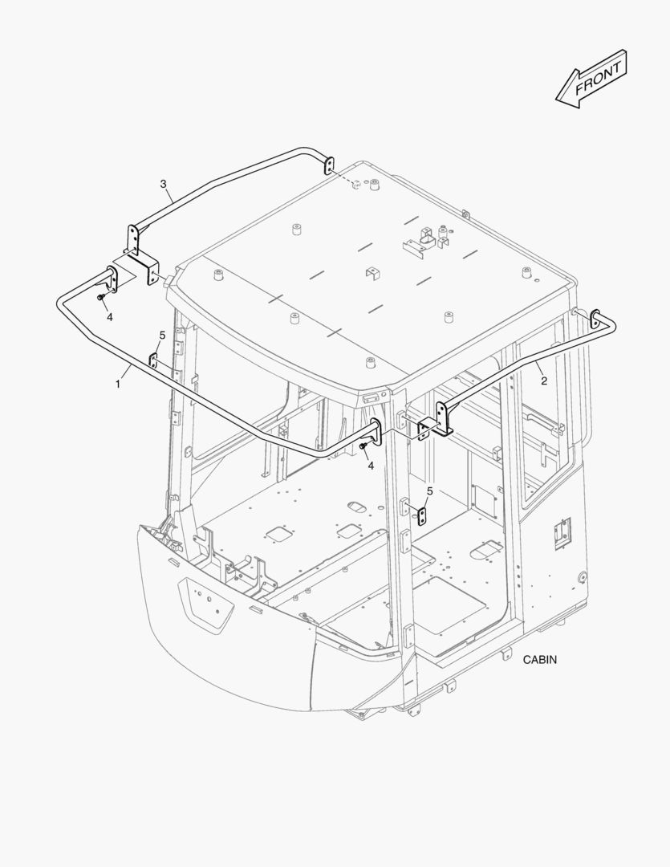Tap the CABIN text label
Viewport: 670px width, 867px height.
click(x=540, y=660)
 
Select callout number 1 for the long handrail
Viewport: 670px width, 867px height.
click(x=117, y=384)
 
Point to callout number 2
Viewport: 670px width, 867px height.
click(x=544, y=381)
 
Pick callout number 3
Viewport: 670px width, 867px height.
click(x=163, y=184)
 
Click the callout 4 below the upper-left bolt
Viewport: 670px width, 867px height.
click(x=109, y=317)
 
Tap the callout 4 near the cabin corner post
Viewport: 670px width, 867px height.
click(x=371, y=466)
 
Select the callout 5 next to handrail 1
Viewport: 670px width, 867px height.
click(x=162, y=335)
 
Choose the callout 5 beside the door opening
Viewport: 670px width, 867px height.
click(x=429, y=490)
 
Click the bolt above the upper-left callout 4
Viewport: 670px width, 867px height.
click(x=100, y=298)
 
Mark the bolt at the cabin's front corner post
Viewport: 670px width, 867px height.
click(x=363, y=446)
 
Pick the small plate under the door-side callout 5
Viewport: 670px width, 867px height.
click(x=422, y=516)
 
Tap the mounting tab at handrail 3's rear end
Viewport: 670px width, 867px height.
click(x=328, y=165)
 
